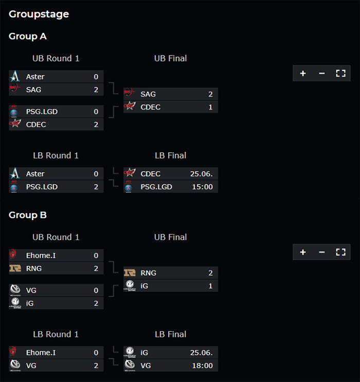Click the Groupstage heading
[39, 14]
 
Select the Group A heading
[28, 37]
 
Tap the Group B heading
[28, 215]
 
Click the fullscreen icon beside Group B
[340, 252]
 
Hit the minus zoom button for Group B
[322, 252]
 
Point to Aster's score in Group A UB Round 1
[96, 77]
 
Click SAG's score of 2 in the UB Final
[210, 94]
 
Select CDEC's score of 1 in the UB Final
[210, 107]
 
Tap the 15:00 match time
[202, 187]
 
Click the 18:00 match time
[202, 366]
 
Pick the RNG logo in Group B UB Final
[130, 272]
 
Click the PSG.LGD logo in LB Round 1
[14, 187]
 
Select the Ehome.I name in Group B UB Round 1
[41, 256]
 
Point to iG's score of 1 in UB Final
[210, 286]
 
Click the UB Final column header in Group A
[170, 59]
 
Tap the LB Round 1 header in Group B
[56, 334]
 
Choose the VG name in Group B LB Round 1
[31, 366]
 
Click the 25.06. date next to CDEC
[201, 174]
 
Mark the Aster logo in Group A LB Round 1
[14, 173]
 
